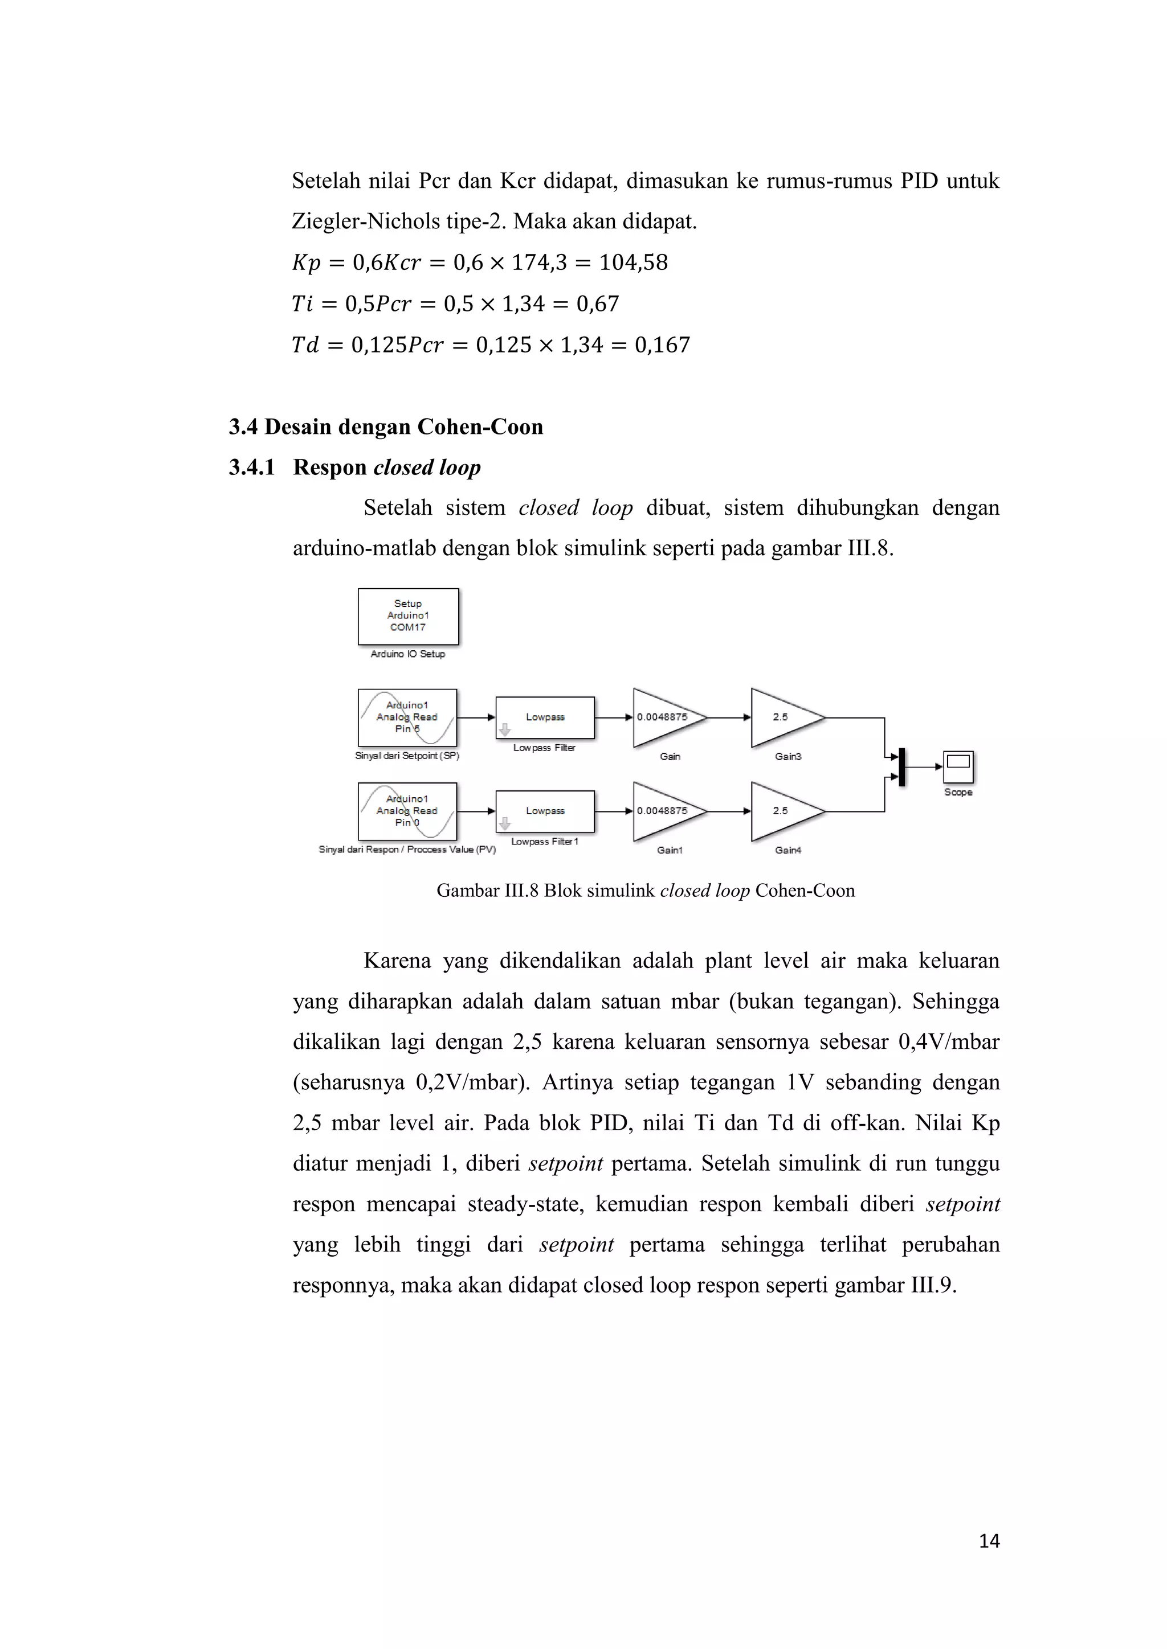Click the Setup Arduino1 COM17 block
[x=408, y=616]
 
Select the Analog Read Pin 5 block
[x=407, y=717]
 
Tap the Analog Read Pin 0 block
[x=407, y=811]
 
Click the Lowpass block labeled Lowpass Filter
[x=545, y=717]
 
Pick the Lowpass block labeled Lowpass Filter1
[x=545, y=811]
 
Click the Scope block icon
[x=958, y=766]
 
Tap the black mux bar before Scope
[x=902, y=766]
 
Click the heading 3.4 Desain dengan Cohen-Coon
[x=386, y=426]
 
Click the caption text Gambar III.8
[x=487, y=891]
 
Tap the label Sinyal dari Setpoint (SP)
[x=407, y=756]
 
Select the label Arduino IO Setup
[x=407, y=654]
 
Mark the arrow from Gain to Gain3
[x=729, y=717]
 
